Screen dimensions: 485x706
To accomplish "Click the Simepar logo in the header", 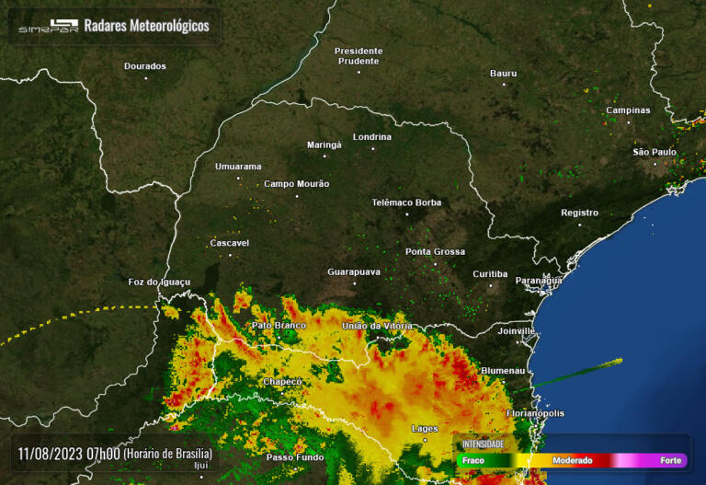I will [x=49, y=26].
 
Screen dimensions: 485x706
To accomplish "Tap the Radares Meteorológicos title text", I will [x=146, y=26].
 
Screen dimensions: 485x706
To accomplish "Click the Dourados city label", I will [x=145, y=66].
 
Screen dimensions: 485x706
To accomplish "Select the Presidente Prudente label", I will [x=358, y=55].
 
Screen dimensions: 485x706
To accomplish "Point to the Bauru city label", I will [x=503, y=73].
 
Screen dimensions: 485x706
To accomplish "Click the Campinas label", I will [x=628, y=110].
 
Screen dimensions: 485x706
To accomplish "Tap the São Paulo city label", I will [x=655, y=152].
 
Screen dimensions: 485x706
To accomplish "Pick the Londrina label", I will [x=372, y=137].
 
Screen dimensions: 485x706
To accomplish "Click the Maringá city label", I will [x=324, y=144].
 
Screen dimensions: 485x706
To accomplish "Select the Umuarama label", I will [x=238, y=167].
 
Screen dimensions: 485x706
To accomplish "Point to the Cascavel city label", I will [x=230, y=243].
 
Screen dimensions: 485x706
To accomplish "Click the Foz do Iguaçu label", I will [x=159, y=282].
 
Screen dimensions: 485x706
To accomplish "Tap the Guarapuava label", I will [x=354, y=272].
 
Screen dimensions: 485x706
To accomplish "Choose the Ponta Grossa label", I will [x=435, y=251].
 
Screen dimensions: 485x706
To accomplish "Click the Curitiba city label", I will [x=490, y=274].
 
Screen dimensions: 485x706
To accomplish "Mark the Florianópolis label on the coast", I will [x=535, y=414].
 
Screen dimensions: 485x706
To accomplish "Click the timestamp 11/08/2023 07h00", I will [x=69, y=454].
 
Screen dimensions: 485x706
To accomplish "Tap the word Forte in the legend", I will [x=670, y=460].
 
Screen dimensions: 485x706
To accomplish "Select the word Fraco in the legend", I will [x=474, y=460].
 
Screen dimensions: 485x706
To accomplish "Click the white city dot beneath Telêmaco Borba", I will [x=407, y=214].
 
